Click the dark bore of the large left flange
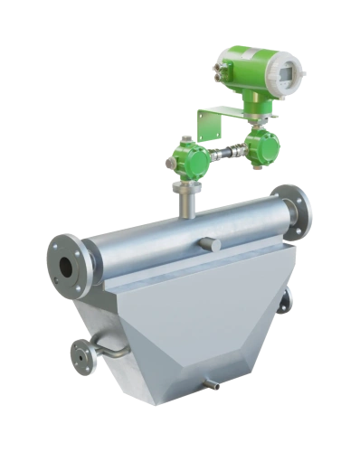pos(66,267)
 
